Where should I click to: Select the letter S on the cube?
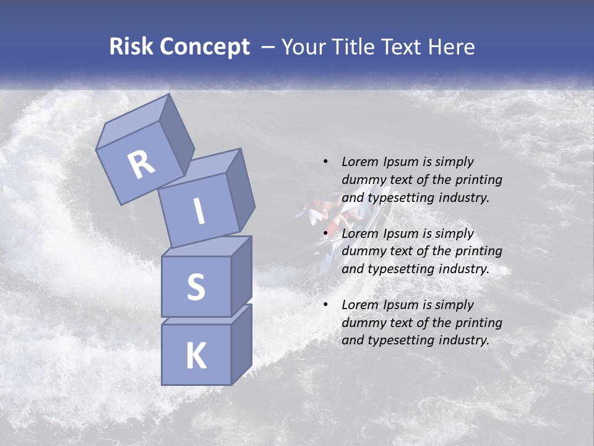click(196, 287)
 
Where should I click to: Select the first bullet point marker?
click(325, 162)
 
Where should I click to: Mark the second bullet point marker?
click(325, 234)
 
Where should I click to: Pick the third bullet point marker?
click(325, 305)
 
